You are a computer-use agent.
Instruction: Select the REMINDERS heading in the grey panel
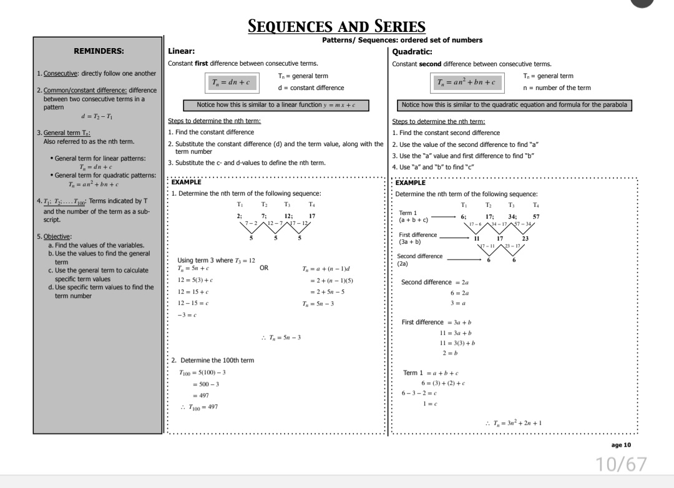click(98, 51)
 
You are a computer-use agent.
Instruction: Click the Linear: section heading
click(182, 51)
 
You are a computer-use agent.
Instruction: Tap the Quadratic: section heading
click(413, 52)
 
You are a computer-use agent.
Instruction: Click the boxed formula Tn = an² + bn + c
click(467, 82)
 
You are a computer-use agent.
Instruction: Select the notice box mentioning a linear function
click(275, 105)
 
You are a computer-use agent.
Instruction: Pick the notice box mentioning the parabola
click(514, 105)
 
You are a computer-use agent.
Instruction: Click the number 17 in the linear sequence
click(312, 216)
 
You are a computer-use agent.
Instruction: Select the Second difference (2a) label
click(419, 259)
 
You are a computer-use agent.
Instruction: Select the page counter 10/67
click(622, 464)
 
